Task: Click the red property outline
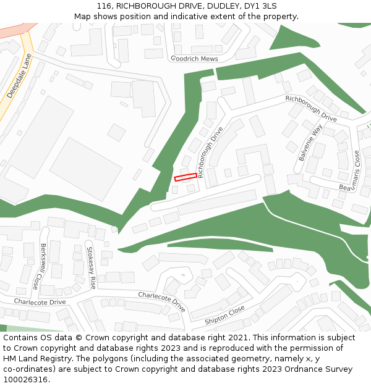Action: point(185,177)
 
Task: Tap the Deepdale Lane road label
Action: point(19,76)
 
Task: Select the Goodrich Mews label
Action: point(195,58)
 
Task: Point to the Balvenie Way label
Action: point(310,143)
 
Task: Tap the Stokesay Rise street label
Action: point(91,268)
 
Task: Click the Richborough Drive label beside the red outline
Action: point(210,152)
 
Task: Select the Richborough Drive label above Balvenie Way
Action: point(311,108)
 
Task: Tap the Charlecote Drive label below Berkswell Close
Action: point(40,302)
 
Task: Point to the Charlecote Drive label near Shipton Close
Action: point(161,301)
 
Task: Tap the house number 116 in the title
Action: point(104,6)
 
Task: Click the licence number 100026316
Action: point(25,379)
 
